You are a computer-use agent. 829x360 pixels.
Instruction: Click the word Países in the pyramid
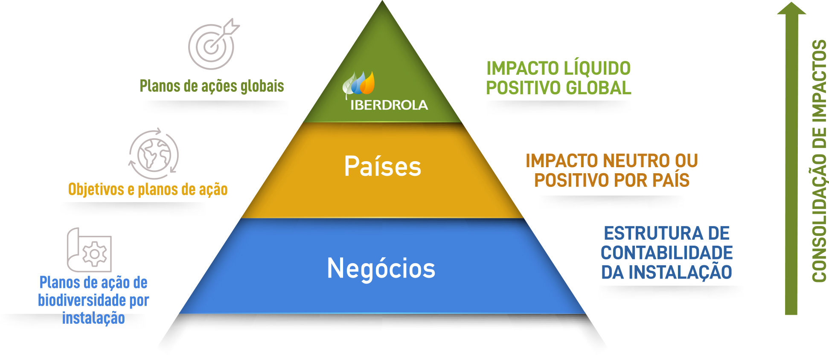pyautogui.click(x=383, y=166)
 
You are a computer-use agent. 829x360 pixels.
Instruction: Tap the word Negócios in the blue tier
pyautogui.click(x=381, y=268)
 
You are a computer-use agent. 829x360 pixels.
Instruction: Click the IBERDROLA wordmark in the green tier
pyautogui.click(x=389, y=105)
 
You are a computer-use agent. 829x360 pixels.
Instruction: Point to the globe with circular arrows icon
pyautogui.click(x=154, y=154)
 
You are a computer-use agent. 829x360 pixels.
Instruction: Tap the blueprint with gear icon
pyautogui.click(x=89, y=250)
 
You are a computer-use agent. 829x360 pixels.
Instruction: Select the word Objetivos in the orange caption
pyautogui.click(x=96, y=189)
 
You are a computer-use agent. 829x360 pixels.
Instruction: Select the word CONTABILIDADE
pyautogui.click(x=667, y=253)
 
